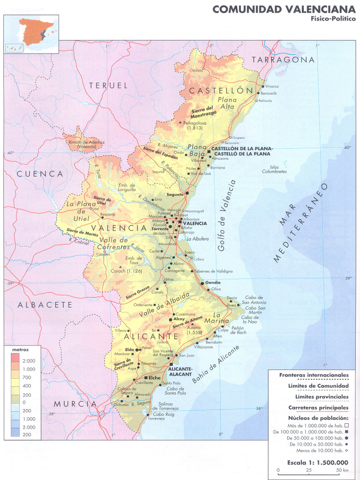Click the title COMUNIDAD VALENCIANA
click(284, 9)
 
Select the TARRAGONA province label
click(283, 60)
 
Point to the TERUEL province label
click(108, 85)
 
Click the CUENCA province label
click(40, 174)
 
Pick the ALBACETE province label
click(45, 305)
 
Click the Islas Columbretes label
click(275, 169)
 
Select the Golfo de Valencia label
click(228, 216)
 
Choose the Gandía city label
click(213, 283)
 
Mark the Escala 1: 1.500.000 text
click(314, 462)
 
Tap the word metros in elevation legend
click(20, 350)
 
